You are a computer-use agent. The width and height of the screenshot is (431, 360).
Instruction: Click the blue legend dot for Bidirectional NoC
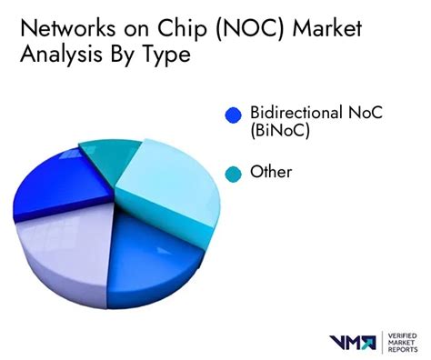[233, 115]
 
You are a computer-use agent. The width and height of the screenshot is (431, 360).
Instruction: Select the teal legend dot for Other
[233, 173]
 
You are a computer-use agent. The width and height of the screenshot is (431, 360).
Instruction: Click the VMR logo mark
[352, 341]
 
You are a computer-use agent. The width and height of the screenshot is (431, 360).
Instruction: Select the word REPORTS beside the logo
[400, 350]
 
